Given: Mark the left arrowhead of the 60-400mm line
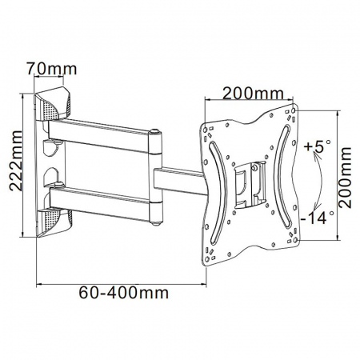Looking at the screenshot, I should coord(38,282).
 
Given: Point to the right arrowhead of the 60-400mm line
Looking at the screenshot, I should coord(205,282).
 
